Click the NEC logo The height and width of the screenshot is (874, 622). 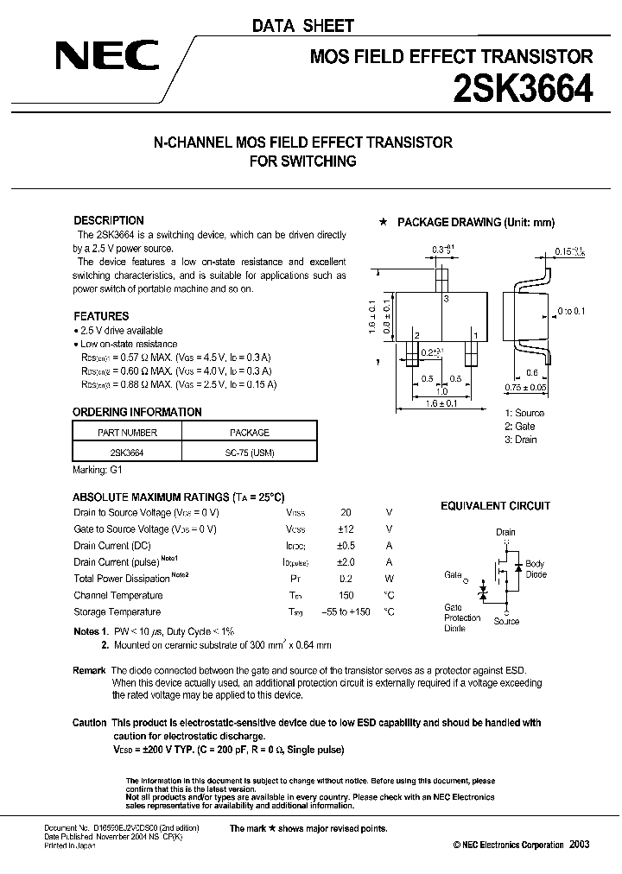(x=107, y=57)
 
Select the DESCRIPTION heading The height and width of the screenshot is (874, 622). (x=109, y=220)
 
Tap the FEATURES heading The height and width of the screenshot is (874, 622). (x=101, y=316)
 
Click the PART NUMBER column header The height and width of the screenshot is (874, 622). (x=127, y=433)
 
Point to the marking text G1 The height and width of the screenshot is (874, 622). (x=117, y=471)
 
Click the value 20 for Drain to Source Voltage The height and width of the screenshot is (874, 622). (x=346, y=512)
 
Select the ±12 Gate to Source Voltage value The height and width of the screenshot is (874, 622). (x=346, y=529)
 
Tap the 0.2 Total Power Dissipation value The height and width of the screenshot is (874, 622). (x=346, y=579)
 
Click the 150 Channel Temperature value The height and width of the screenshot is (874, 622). (x=346, y=595)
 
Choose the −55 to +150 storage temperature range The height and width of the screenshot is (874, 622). (x=346, y=611)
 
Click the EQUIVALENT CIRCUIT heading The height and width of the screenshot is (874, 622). (x=495, y=506)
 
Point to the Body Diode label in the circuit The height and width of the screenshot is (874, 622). (x=536, y=569)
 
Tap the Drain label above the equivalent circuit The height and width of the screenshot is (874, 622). (x=505, y=532)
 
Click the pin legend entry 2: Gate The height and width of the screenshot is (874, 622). (x=520, y=427)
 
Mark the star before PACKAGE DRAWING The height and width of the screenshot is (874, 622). (x=383, y=222)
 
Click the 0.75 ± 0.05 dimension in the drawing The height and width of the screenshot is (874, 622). (x=526, y=388)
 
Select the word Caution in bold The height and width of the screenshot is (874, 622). (x=90, y=723)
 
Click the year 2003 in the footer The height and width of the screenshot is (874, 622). (x=578, y=845)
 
